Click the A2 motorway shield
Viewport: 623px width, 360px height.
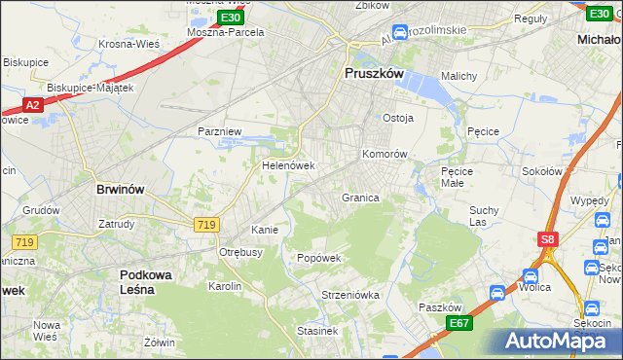(32, 104)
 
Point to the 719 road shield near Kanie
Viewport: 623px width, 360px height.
(205, 225)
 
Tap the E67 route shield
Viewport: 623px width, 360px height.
(459, 323)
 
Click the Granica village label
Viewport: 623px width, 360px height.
(359, 198)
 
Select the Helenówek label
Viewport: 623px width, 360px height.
(286, 165)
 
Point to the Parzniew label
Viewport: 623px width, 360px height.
(218, 130)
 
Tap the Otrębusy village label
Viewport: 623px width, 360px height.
(241, 251)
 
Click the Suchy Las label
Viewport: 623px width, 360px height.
(484, 215)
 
